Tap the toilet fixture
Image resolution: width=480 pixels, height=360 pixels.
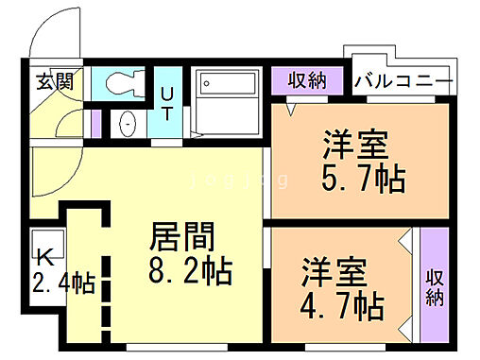tap(122, 82)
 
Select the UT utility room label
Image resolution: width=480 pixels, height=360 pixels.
tap(166, 101)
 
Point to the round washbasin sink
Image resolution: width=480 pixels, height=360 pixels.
tap(128, 124)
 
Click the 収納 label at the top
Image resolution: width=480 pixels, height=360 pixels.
tap(308, 80)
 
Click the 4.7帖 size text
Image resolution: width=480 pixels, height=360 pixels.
tap(342, 307)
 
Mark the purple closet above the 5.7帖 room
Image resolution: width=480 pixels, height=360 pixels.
tap(308, 80)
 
